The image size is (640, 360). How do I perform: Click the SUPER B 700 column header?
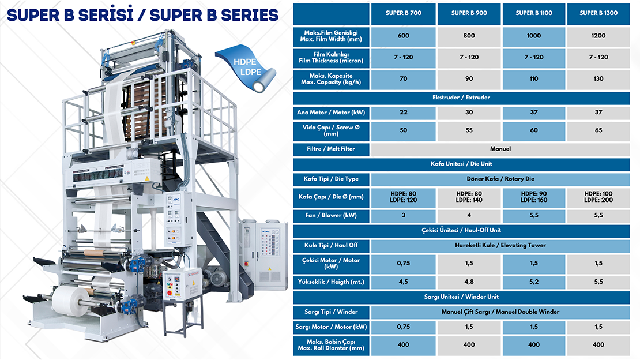(x=403, y=13)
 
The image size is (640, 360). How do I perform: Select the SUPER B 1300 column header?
(x=598, y=13)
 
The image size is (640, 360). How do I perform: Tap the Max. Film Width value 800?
(x=469, y=36)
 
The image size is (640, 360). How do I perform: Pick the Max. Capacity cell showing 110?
(x=534, y=79)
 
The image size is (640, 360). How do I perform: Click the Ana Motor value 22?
(x=403, y=112)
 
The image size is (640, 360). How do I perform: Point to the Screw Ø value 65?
(x=598, y=130)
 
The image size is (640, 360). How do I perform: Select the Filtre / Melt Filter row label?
(x=332, y=149)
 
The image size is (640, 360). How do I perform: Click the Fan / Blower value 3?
(x=403, y=215)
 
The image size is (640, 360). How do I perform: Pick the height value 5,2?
(x=534, y=282)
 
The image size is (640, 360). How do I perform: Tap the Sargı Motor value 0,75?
(x=403, y=327)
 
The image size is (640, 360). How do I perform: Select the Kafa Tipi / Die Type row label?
(x=332, y=179)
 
